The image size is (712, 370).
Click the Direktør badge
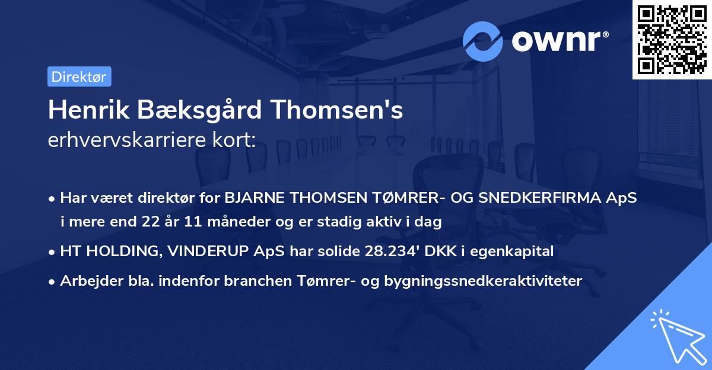79,76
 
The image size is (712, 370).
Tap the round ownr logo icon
483,42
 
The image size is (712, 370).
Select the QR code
672,39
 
